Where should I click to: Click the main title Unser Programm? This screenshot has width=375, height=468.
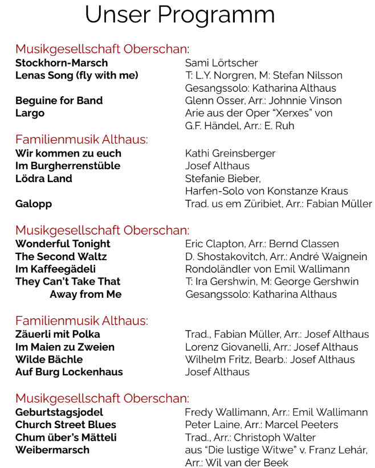tap(180, 15)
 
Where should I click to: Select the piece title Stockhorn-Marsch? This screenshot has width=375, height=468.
tap(62, 63)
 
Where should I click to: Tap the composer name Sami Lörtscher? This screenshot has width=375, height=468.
tap(222, 63)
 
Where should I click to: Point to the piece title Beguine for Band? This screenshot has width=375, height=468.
tap(59, 101)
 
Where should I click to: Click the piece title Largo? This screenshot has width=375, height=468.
tap(30, 113)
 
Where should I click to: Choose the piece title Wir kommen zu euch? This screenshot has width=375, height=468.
tap(68, 153)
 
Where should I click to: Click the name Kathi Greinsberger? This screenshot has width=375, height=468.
tap(230, 153)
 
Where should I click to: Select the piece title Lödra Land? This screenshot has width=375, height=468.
tap(44, 178)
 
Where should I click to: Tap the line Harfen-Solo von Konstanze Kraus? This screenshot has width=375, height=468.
tap(267, 191)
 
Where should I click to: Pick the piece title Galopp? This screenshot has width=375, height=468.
tap(34, 204)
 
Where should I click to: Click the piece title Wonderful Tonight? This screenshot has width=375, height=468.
tap(63, 244)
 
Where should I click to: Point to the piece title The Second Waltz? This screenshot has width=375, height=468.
tap(61, 256)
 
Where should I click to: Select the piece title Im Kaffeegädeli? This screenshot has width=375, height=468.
tap(55, 269)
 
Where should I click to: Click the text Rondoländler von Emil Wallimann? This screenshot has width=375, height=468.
tap(267, 269)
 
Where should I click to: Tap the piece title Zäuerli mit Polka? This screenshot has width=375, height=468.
tap(58, 334)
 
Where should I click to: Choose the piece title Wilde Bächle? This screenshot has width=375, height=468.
tap(49, 359)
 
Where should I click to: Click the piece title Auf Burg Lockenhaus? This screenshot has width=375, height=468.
tap(69, 372)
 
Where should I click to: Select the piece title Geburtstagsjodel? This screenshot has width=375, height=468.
tap(59, 412)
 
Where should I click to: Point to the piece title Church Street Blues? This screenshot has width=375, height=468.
tap(66, 425)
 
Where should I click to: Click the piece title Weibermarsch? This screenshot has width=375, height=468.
tap(52, 450)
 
